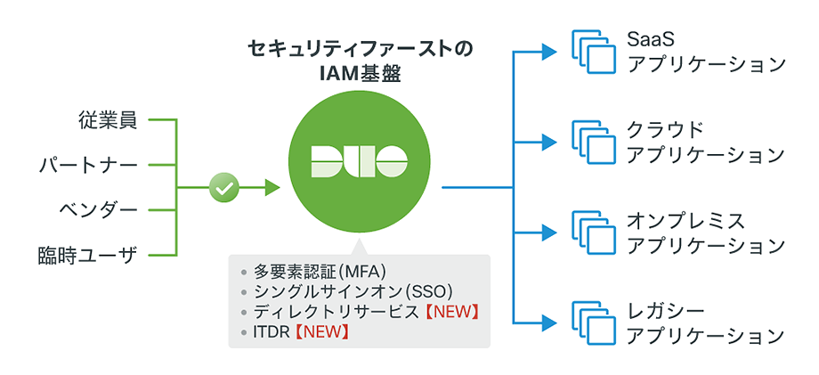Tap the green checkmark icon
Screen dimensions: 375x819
(x=223, y=188)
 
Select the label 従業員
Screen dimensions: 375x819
(x=107, y=119)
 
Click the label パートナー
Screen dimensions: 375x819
(x=88, y=165)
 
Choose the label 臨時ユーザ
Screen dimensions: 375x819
(x=88, y=256)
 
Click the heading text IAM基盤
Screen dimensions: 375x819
(x=360, y=74)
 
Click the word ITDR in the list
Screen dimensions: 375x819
(x=270, y=332)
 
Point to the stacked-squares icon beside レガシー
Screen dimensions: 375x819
(x=593, y=323)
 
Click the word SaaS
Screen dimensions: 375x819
(x=651, y=41)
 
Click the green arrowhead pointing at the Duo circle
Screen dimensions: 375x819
(x=272, y=188)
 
